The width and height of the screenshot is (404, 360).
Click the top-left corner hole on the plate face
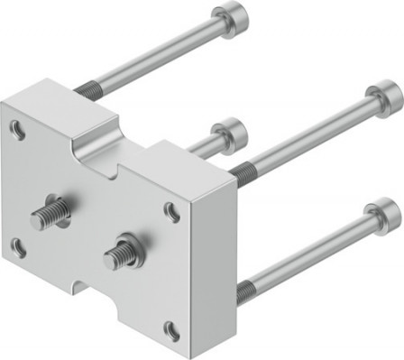coord(17,128)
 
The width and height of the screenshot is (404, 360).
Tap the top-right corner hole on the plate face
coord(171,212)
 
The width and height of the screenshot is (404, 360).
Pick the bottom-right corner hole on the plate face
coord(170,331)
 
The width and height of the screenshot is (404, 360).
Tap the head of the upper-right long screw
coord(384,96)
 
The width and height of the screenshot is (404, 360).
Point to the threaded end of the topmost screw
coord(87,88)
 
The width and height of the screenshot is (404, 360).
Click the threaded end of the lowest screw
coord(246,291)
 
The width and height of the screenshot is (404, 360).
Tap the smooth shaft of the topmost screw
coord(153,55)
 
